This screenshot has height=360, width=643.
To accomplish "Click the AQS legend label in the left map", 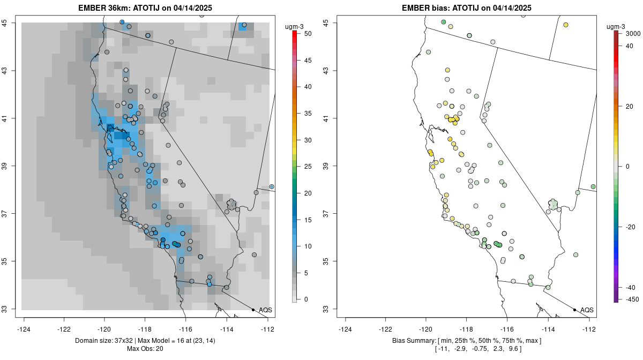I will click(x=265, y=310).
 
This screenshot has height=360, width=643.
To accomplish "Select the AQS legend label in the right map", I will click(x=587, y=310).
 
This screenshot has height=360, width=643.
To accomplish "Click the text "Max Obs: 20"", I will click(x=145, y=349).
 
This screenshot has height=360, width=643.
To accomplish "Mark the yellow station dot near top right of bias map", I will click(x=566, y=25).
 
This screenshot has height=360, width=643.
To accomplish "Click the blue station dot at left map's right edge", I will click(x=272, y=186).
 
